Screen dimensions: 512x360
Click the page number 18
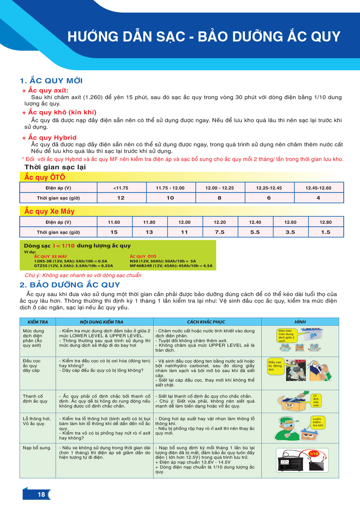click(x=41, y=494)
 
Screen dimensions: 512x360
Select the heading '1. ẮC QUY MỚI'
click(x=51, y=81)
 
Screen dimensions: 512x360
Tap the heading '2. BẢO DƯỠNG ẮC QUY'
click(x=70, y=285)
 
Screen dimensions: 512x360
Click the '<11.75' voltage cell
click(x=121, y=188)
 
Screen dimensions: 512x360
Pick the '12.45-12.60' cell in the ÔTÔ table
click(x=318, y=188)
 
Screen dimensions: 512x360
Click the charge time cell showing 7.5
click(x=220, y=232)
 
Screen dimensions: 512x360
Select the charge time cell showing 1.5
click(x=325, y=232)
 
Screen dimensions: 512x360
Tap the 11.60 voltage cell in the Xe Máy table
click(x=114, y=222)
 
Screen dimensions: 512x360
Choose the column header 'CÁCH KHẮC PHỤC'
click(x=206, y=322)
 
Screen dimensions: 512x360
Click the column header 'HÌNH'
click(x=300, y=322)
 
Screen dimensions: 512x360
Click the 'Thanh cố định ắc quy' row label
click(x=35, y=399)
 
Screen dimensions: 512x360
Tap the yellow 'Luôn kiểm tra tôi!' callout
click(x=318, y=422)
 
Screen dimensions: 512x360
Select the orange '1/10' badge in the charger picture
click(x=314, y=454)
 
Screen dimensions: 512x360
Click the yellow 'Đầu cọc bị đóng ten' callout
click(x=275, y=366)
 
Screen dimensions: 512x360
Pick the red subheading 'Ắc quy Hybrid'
click(x=52, y=138)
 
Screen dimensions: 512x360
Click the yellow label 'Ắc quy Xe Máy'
click(x=49, y=211)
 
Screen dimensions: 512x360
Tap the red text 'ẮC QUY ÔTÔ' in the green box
click(x=143, y=256)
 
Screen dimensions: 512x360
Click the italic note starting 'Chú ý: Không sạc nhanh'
click(x=83, y=275)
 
